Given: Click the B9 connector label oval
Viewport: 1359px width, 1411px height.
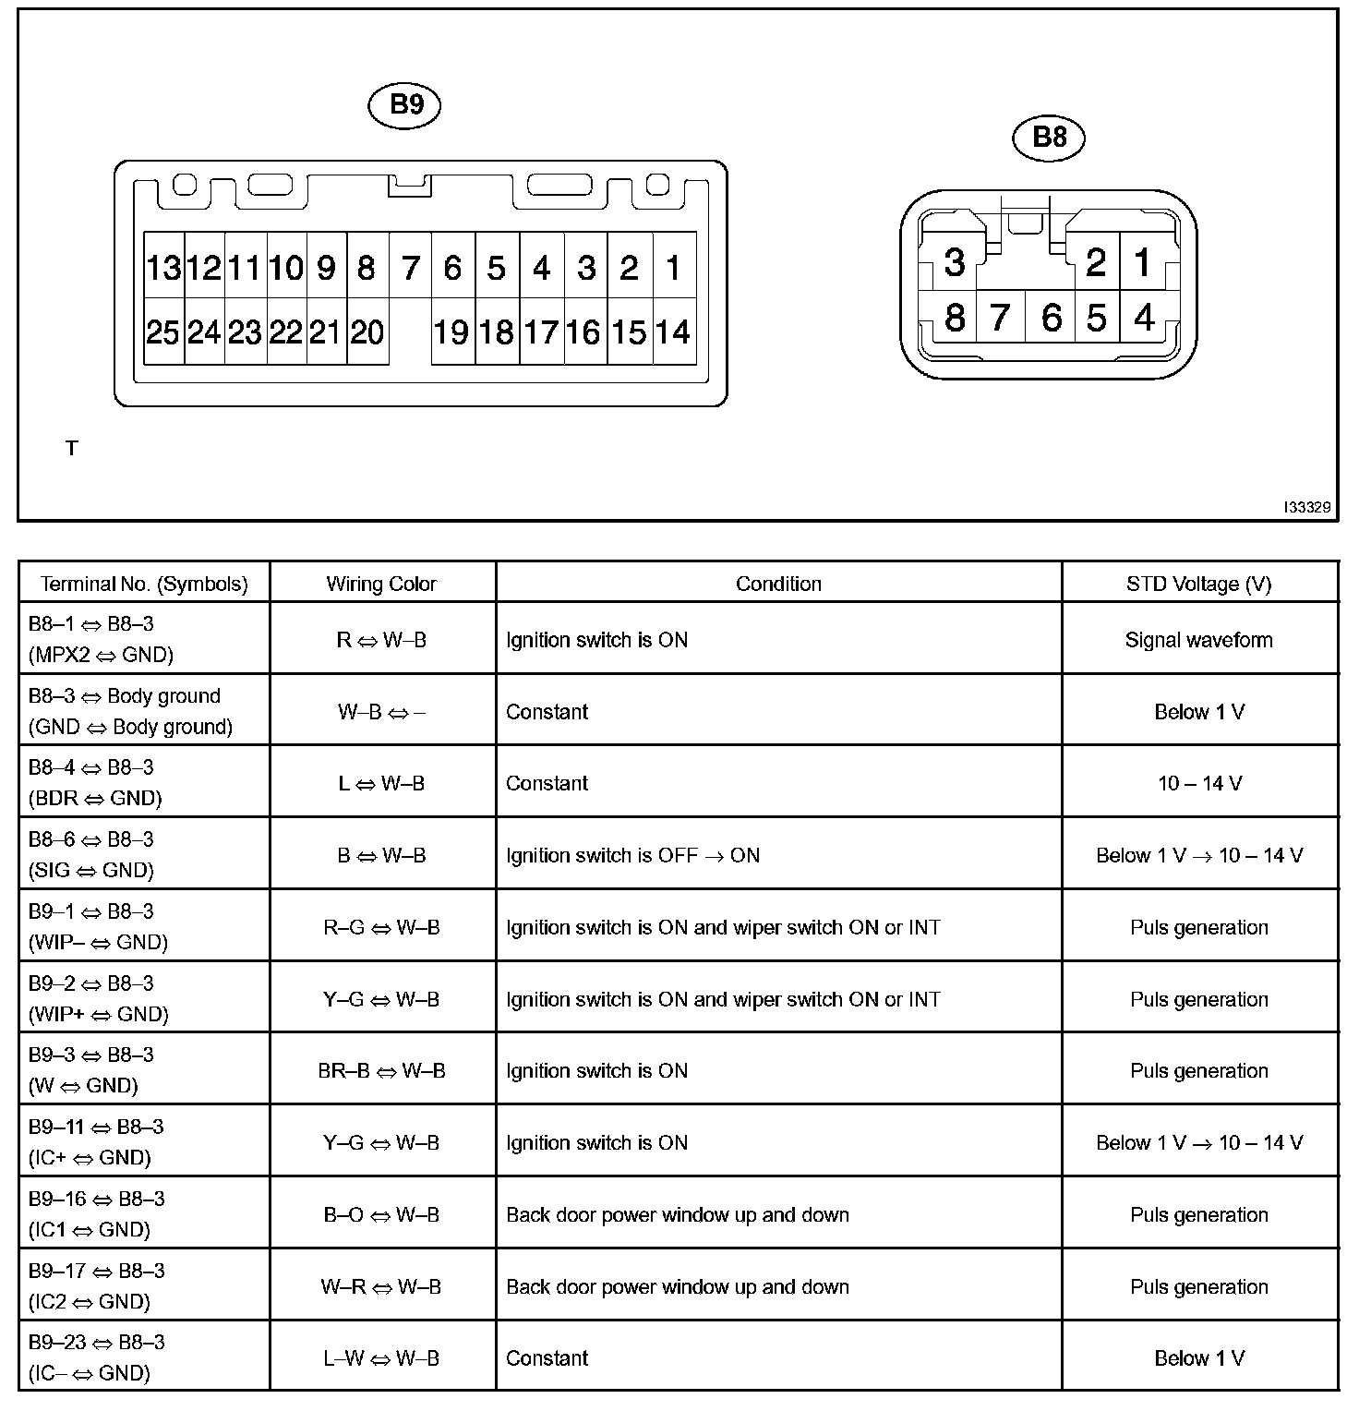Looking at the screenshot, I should point(404,105).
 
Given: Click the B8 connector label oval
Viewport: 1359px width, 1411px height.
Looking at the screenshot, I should point(1049,138).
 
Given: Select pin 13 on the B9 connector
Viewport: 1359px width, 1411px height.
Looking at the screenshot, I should point(163,268).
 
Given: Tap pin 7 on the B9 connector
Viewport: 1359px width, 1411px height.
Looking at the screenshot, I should point(411,268).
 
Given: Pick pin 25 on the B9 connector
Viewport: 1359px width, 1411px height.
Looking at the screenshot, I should point(163,332).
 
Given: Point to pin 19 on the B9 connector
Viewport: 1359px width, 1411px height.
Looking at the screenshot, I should point(451,332).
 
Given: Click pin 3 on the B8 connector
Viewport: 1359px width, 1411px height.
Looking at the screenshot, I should point(955,263).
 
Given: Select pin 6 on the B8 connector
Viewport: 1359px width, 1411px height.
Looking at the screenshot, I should point(1051,318).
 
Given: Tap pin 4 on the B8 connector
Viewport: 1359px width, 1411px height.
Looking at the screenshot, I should point(1144,318).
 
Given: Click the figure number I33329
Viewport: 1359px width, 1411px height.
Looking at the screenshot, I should point(1306,507).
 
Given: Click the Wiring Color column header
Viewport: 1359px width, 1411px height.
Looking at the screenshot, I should point(381,584).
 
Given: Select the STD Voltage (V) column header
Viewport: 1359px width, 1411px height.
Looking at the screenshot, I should point(1198,584).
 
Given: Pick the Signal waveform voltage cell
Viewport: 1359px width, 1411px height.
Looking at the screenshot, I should point(1198,640).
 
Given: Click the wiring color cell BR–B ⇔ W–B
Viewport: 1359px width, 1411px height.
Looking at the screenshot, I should point(381,1071).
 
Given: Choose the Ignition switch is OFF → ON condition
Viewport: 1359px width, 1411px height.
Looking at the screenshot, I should point(633,855).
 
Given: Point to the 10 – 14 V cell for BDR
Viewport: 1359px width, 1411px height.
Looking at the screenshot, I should point(1198,783).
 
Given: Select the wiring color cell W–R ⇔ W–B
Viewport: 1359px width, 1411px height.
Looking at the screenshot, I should point(381,1286).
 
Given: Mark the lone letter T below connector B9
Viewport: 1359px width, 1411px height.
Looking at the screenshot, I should point(72,449).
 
